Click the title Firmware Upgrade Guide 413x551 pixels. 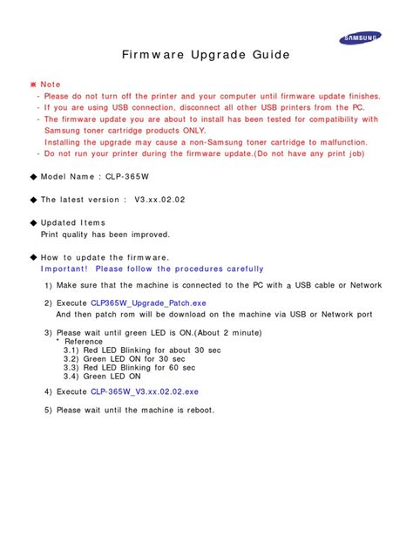click(x=205, y=56)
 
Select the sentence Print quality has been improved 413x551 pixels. click(x=105, y=235)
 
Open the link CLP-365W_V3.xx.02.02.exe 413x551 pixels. click(x=144, y=392)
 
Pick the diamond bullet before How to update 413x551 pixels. click(x=33, y=257)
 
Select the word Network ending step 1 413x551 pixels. click(x=366, y=285)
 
